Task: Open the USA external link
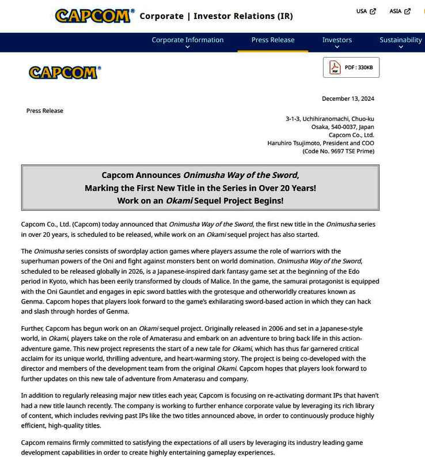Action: tap(366, 12)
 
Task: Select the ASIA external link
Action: tap(399, 12)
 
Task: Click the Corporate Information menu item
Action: tap(187, 40)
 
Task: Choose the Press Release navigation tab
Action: tap(272, 40)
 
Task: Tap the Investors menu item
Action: tap(337, 40)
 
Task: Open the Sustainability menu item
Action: tap(400, 40)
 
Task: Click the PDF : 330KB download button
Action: tap(351, 67)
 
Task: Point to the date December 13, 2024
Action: tap(348, 99)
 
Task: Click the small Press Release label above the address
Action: tap(45, 111)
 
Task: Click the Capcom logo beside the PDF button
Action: tap(64, 73)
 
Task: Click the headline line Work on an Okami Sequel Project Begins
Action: tap(200, 201)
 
